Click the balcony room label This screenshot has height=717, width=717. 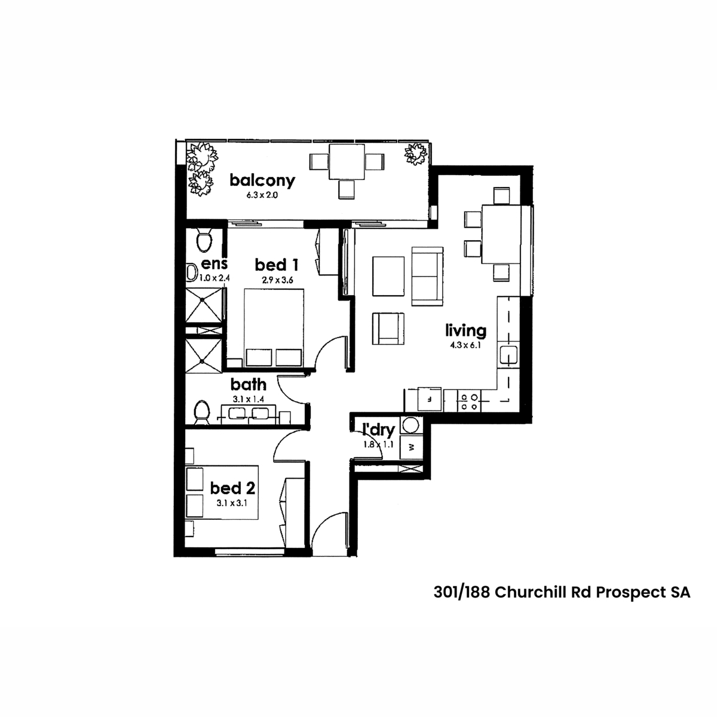click(x=262, y=181)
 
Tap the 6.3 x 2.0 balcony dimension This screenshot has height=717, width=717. click(x=262, y=195)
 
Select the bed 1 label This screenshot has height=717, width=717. click(x=277, y=265)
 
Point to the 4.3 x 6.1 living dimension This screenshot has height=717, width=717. click(x=465, y=345)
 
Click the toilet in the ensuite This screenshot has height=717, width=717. click(x=204, y=240)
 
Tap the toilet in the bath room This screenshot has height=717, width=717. click(x=202, y=412)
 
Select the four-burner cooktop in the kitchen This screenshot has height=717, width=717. click(x=469, y=401)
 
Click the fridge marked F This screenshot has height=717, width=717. click(x=430, y=399)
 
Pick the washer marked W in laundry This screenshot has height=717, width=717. click(x=412, y=448)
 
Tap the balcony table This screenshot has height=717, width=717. click(x=347, y=162)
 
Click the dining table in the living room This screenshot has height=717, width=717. click(x=501, y=234)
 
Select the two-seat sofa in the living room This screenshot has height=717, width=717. click(x=427, y=276)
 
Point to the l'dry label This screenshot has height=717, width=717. click(x=378, y=430)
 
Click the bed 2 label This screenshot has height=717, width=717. click(x=232, y=488)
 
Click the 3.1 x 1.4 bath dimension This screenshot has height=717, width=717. click(x=249, y=399)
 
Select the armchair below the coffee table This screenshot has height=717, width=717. click(x=388, y=329)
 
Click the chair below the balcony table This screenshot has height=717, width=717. click(x=347, y=190)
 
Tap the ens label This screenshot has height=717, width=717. click(x=215, y=264)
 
